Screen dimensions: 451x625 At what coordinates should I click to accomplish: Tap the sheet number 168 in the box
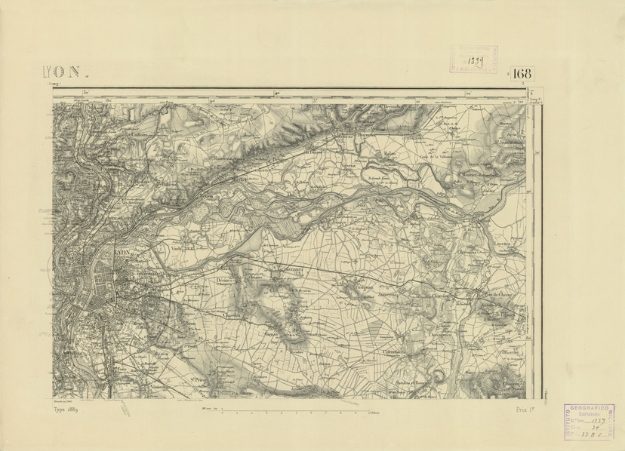point(522,74)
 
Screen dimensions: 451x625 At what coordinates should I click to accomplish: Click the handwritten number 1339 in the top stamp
point(475,58)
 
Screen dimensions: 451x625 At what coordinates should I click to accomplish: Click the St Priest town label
point(199,379)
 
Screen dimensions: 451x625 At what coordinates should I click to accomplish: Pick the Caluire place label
point(140,137)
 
